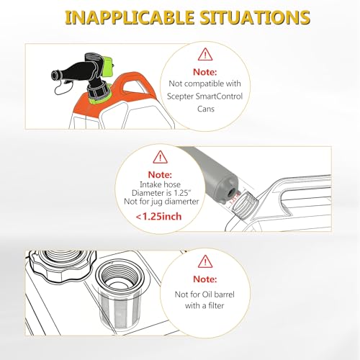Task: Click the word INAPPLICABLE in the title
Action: (130, 17)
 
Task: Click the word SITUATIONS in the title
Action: (255, 17)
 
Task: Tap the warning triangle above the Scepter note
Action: (205, 55)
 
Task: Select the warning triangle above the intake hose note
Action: (160, 157)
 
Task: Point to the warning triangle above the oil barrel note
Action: (205, 261)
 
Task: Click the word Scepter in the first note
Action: (180, 96)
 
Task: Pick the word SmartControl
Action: (219, 96)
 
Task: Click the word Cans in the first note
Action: (206, 109)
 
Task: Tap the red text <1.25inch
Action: (158, 217)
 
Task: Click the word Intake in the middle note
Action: (148, 184)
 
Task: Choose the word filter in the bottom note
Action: (215, 305)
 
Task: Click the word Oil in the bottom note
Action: (208, 294)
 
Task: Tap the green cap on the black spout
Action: (108, 66)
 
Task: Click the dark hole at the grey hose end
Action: (232, 192)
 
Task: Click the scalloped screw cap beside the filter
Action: (62, 266)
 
